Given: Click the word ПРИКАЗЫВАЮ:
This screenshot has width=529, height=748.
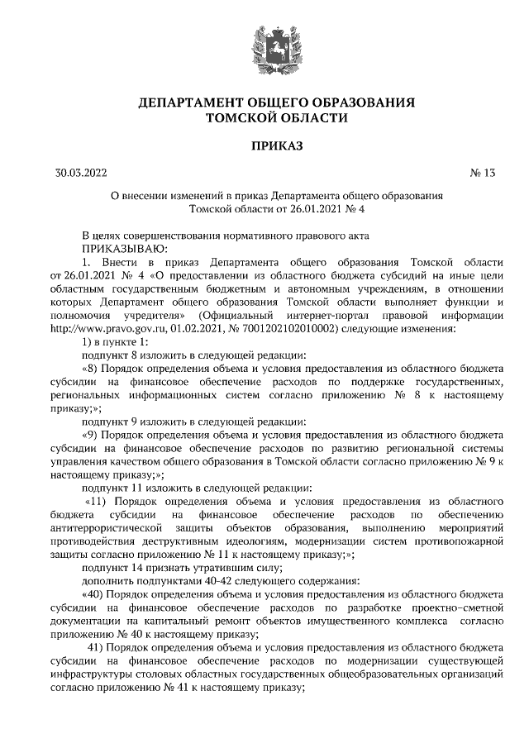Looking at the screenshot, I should [x=125, y=246].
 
